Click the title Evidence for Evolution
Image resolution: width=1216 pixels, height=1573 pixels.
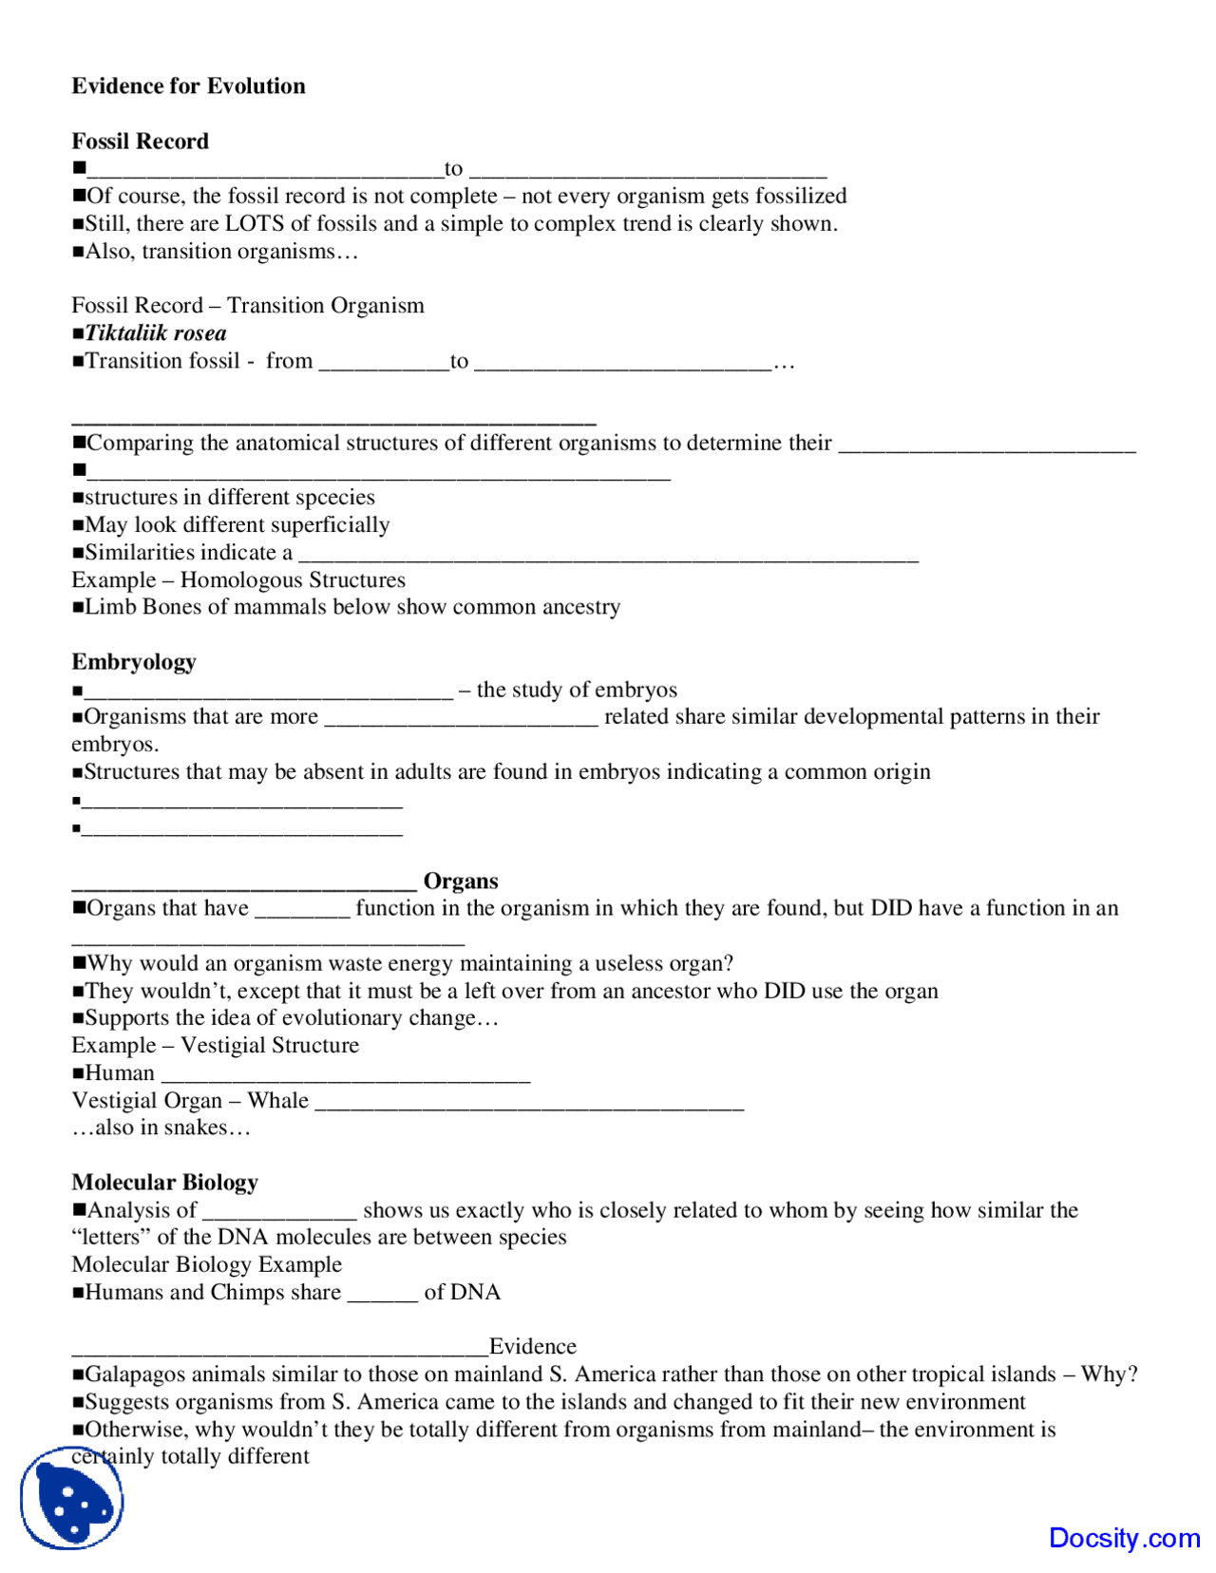(188, 86)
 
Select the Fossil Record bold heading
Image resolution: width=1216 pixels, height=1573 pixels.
(140, 142)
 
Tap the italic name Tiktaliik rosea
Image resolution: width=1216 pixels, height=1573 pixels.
(156, 333)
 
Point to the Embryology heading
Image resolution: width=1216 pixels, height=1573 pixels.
(133, 662)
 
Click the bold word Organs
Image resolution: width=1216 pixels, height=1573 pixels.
(461, 881)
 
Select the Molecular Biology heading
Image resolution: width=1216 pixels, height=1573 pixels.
(164, 1183)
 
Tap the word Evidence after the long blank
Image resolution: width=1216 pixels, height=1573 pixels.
(532, 1347)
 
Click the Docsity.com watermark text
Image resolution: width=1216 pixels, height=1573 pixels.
(1124, 1538)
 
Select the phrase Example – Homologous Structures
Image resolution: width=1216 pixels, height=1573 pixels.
(238, 580)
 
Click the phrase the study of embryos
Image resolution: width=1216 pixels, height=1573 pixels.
(577, 690)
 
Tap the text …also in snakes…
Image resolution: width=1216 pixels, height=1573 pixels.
(161, 1128)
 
